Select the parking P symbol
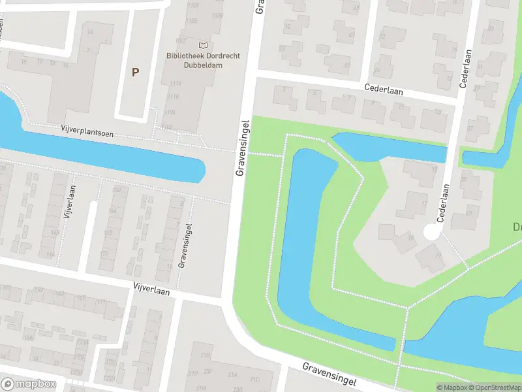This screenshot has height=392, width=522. pos(135,73)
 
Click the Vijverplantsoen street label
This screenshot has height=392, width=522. pos(87,133)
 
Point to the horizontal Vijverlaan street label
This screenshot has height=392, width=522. pos(151,289)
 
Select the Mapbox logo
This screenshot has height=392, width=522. pos(29,384)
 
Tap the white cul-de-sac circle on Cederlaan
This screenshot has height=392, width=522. pos(431,231)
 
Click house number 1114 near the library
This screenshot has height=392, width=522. pos(174,84)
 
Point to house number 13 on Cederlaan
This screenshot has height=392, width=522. pos(401,106)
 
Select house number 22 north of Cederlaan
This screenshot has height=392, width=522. pos(382,36)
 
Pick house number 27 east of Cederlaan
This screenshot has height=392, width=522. pos(488,128)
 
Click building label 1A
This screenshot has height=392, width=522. pos(90,31)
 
